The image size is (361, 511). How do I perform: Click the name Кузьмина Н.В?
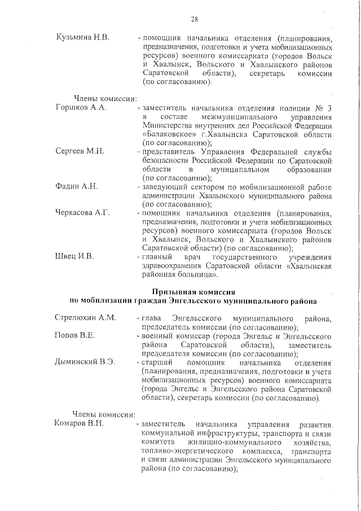[x=82, y=37]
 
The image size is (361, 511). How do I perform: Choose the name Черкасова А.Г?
[x=82, y=213]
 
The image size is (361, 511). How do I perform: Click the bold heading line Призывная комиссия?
[x=193, y=291]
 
